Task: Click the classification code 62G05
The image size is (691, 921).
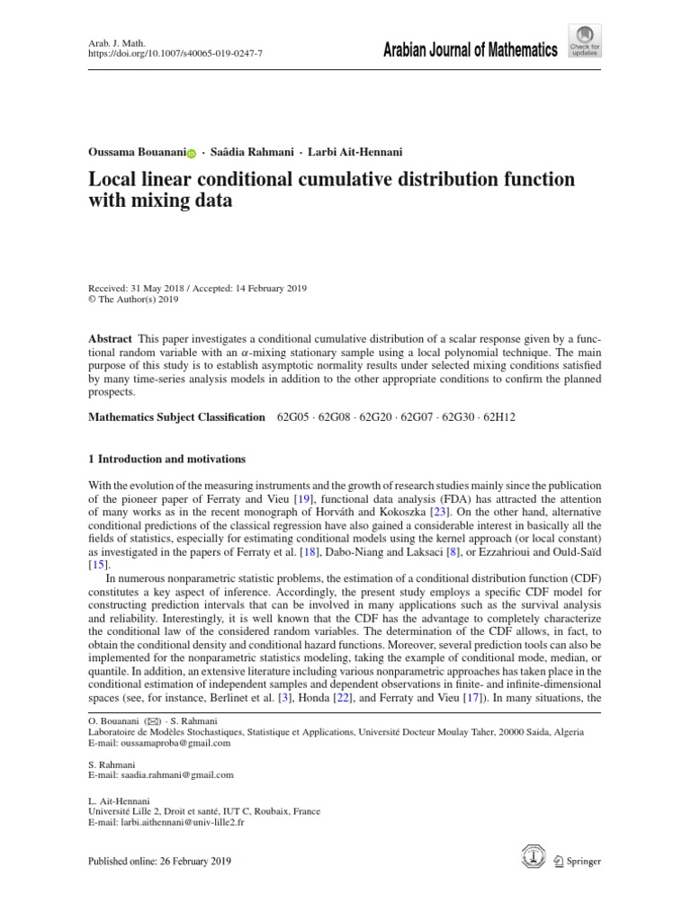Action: (x=293, y=417)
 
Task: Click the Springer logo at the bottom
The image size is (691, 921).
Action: (x=578, y=862)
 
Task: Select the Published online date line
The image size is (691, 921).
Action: (x=159, y=862)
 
